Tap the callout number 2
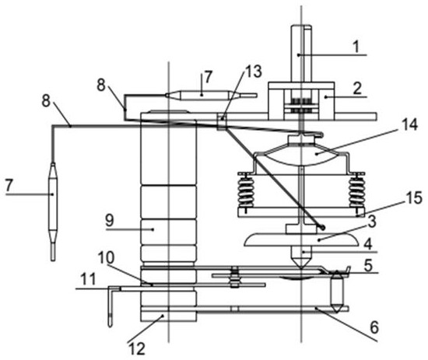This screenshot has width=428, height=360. point(357,89)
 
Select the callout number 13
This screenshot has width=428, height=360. point(254,72)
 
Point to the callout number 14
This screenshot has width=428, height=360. point(409,124)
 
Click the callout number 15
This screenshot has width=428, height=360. point(413,197)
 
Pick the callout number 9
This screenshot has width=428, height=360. point(110,220)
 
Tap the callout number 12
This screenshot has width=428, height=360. point(136,348)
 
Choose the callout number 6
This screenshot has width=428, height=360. point(374,327)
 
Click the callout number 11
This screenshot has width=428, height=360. point(88,279)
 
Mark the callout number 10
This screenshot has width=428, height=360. point(106,257)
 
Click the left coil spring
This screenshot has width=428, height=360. point(246,190)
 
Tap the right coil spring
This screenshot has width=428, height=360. point(357,190)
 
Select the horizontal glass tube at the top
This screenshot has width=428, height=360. point(211,95)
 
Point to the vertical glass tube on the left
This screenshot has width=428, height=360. point(53,211)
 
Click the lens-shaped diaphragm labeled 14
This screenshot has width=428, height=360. point(301,155)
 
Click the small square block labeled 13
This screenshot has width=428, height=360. point(222,121)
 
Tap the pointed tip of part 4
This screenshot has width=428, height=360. point(301,268)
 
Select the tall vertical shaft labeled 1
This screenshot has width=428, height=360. point(301,54)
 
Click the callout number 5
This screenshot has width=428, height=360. point(368,265)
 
